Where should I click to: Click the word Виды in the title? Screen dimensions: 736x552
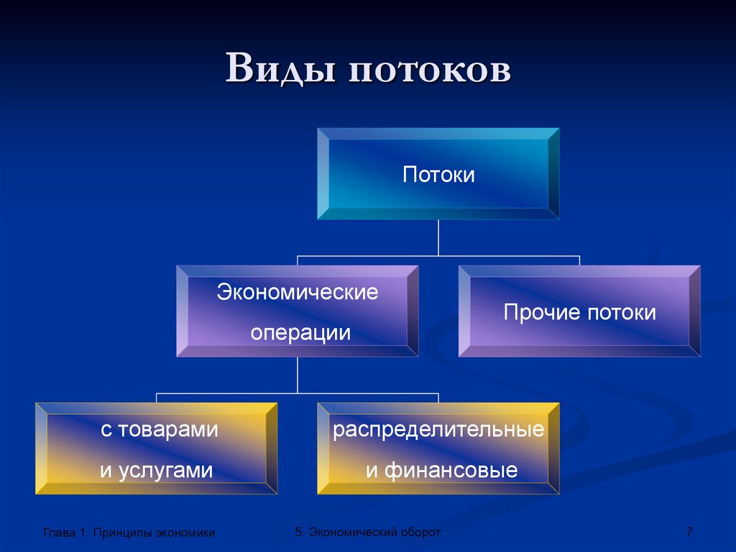280,68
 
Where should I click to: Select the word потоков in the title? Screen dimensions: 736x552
430,71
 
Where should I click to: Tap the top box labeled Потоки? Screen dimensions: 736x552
438,174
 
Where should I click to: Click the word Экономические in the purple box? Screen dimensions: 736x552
298,292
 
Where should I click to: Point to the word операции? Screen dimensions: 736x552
300,333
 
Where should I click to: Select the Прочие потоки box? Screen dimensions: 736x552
579,311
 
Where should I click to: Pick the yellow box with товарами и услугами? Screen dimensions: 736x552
156,448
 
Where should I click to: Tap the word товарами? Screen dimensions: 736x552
167,430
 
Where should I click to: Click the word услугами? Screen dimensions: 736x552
166,471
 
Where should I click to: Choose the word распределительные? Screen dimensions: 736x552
438,430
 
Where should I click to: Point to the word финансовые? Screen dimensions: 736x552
451,471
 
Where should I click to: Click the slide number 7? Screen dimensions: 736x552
689,532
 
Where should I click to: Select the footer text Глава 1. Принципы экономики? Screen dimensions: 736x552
129,533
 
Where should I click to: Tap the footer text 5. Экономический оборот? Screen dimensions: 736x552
367,533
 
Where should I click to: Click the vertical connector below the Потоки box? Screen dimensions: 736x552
438,237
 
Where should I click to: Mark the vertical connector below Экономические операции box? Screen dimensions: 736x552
298,375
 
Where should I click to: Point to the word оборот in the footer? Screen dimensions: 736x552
421,533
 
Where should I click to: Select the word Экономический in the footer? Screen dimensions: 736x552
354,533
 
